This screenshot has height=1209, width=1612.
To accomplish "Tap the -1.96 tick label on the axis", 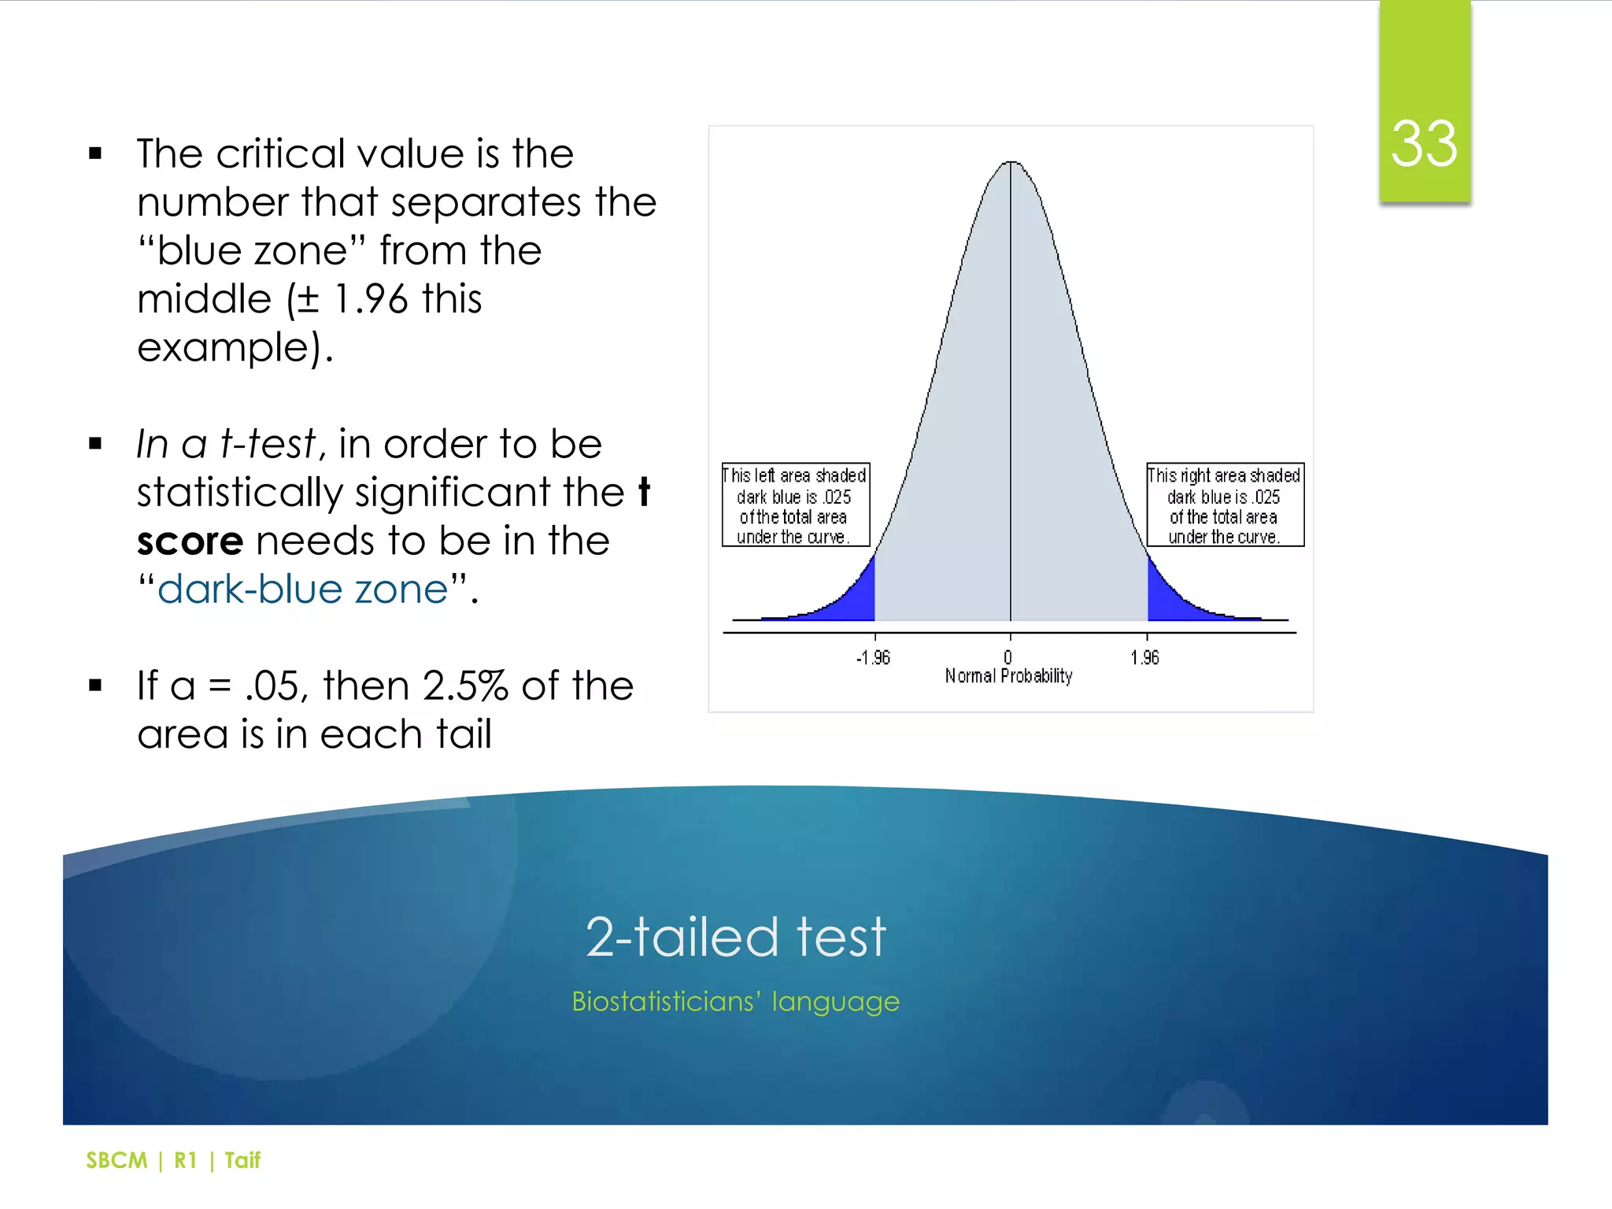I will pos(873,658).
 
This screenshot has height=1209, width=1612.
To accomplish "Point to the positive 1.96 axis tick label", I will pos(1144,658).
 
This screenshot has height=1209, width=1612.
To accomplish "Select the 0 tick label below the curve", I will pos(1007,658).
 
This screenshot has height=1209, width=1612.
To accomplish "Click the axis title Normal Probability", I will pos(1008,676).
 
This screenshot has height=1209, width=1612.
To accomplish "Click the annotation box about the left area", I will pos(795,505).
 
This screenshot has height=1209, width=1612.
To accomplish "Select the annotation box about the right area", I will pos(1224,505).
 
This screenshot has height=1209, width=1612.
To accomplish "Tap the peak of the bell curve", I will pos(1011,163).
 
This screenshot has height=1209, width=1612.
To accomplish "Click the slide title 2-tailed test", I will pos(735,937).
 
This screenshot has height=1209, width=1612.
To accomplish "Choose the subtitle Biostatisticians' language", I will pos(735,1001).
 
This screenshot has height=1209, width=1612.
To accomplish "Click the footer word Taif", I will pos(242,1160).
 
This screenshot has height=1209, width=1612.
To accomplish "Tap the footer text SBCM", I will pos(116,1160).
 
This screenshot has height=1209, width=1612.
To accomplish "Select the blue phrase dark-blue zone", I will pos(303,590).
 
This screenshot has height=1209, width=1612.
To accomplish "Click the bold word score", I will pos(190,542).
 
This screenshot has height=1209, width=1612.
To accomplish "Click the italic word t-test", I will pos(268,444).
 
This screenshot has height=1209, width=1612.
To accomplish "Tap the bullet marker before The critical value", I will pos(96,153).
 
